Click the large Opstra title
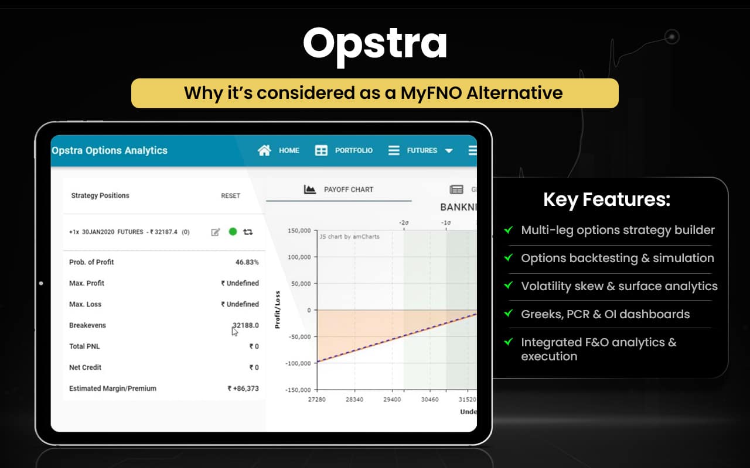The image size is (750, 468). pyautogui.click(x=375, y=44)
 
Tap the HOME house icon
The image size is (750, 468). pyautogui.click(x=264, y=150)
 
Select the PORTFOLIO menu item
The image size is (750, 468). pyautogui.click(x=353, y=150)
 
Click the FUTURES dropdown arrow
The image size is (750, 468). pyautogui.click(x=449, y=151)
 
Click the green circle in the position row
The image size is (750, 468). pyautogui.click(x=233, y=232)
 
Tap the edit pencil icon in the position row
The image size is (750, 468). pyautogui.click(x=216, y=232)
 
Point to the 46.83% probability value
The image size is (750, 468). pyautogui.click(x=247, y=262)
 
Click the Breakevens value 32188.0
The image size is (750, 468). pyautogui.click(x=246, y=325)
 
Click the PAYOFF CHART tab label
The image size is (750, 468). pyautogui.click(x=348, y=190)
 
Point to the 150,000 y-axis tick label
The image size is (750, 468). pyautogui.click(x=299, y=230)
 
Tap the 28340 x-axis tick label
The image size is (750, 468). pyautogui.click(x=354, y=400)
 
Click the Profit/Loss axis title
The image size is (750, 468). pyautogui.click(x=277, y=309)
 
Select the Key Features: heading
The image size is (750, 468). pyautogui.click(x=606, y=200)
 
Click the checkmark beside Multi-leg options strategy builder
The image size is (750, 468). pyautogui.click(x=508, y=230)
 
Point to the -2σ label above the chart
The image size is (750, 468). pyautogui.click(x=404, y=222)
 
